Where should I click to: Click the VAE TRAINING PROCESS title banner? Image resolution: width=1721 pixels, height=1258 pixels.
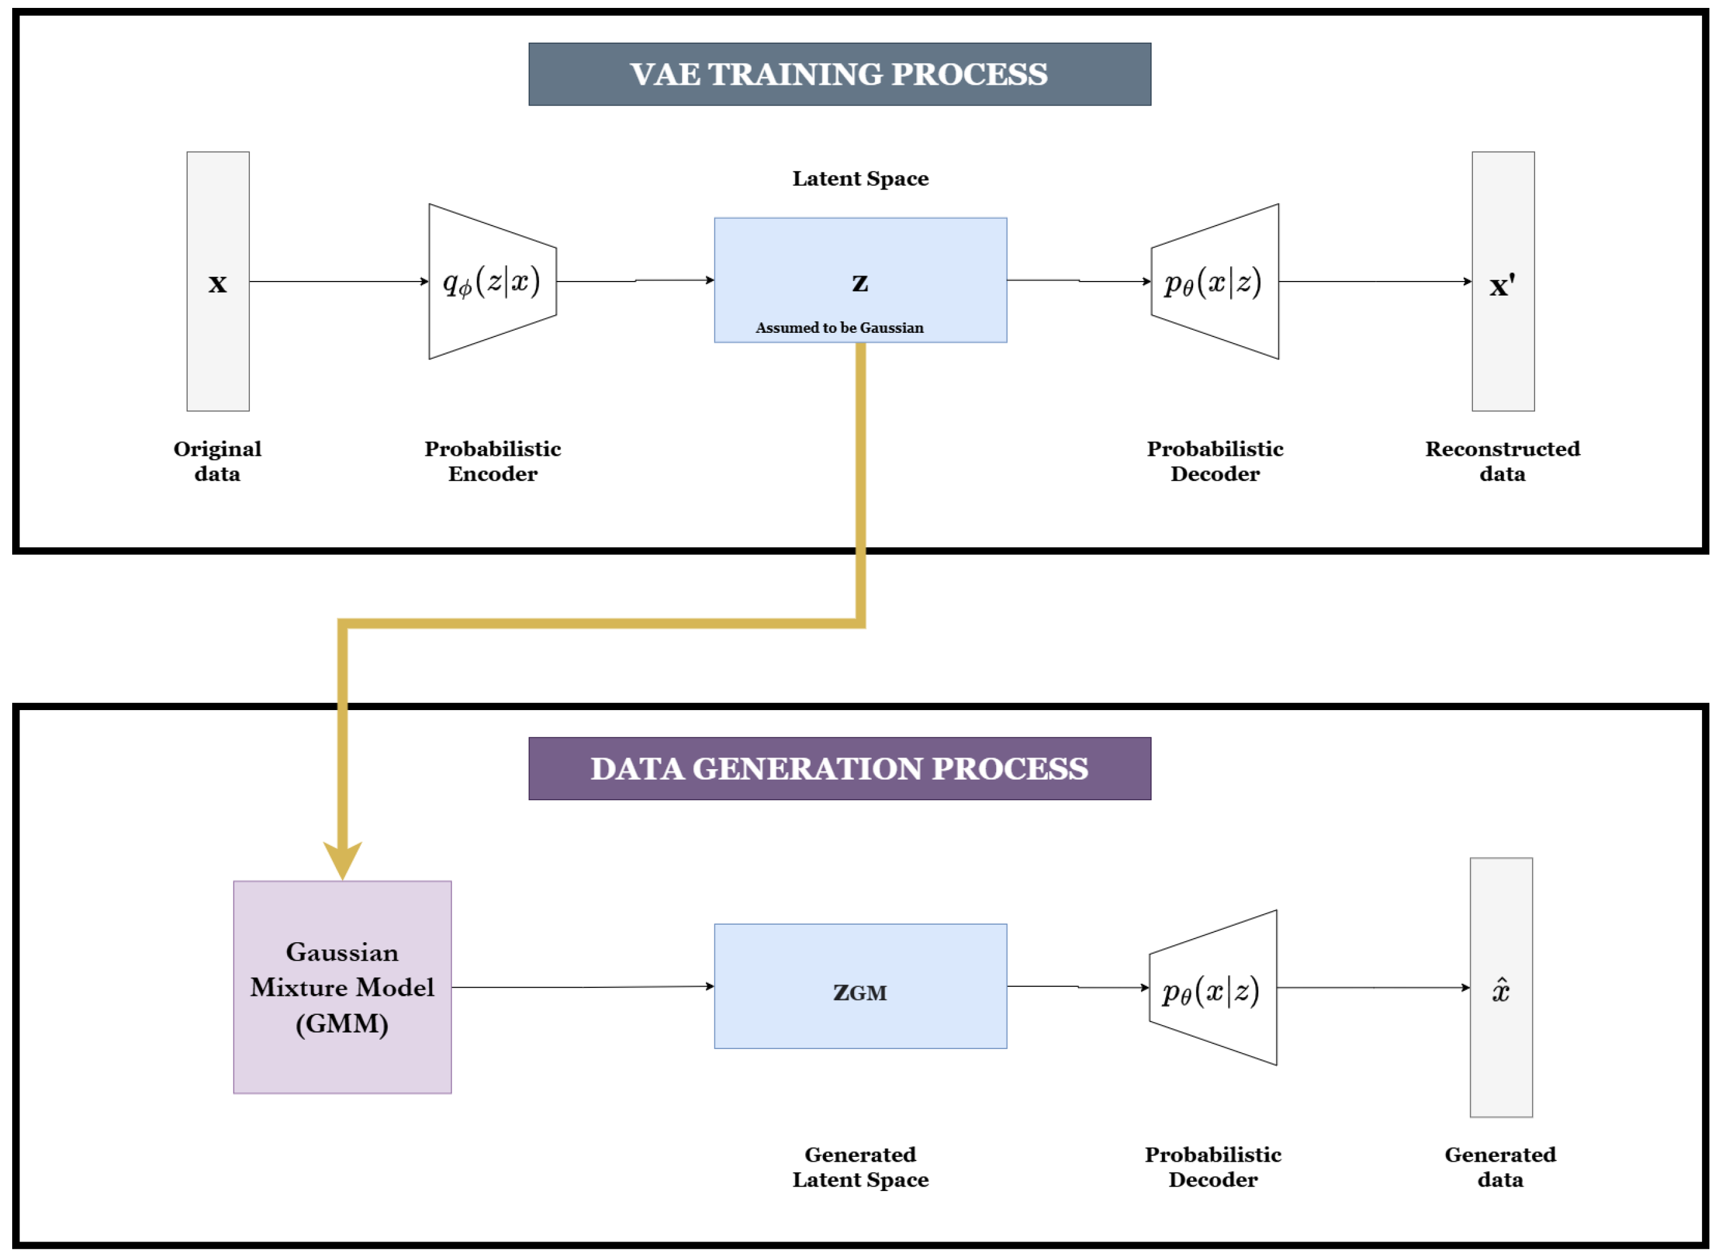[x=839, y=74]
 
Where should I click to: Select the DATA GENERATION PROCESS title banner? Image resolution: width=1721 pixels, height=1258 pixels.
[x=839, y=769]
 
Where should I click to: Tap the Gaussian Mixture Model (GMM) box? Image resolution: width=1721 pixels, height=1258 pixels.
[x=342, y=987]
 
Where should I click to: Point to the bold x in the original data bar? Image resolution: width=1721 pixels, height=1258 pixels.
[x=218, y=283]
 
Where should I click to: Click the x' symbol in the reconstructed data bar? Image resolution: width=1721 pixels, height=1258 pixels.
[x=1502, y=286]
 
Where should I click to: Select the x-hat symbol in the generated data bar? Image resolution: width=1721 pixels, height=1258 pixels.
[x=1500, y=990]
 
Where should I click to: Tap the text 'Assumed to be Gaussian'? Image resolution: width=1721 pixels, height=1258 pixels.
[x=839, y=327]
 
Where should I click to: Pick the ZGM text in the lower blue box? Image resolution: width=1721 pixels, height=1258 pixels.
[x=860, y=992]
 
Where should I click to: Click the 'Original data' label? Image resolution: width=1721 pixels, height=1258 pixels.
[x=217, y=461]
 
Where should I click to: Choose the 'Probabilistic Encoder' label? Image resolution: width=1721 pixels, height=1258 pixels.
[x=493, y=461]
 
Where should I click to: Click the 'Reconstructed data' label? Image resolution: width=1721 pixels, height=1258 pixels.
[x=1502, y=461]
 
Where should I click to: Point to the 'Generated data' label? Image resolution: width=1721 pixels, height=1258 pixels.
[x=1500, y=1167]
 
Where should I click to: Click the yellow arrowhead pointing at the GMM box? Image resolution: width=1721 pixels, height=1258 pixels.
[x=342, y=859]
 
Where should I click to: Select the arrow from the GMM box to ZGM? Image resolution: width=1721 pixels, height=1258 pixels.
[x=583, y=987]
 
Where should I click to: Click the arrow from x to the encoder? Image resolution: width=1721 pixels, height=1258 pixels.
[x=339, y=281]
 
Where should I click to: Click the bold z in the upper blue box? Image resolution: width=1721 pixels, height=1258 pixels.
[x=860, y=283]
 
